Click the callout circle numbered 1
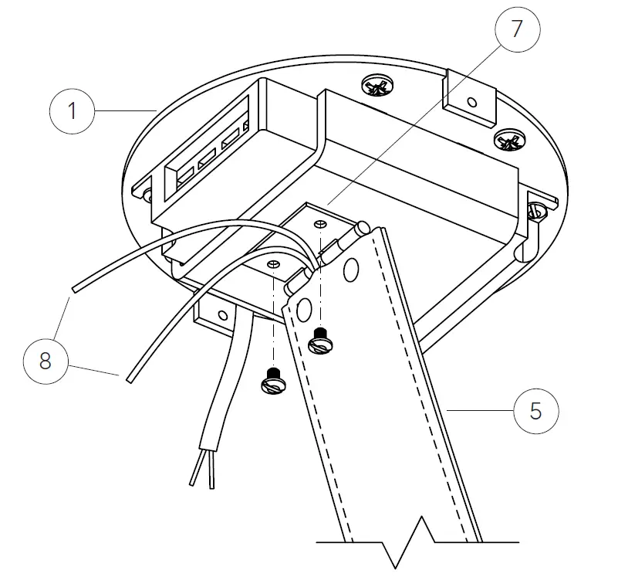pos(73,111)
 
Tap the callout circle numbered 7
pos(518,29)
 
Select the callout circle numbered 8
pos(46,361)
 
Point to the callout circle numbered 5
pos(536,411)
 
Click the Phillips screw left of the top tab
pos(377,87)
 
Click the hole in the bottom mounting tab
pos(223,315)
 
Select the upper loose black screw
pos(320,341)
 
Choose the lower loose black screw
pos(274,381)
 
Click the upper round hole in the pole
pos(350,270)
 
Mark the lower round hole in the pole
pos(303,309)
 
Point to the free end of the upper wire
pos(74,290)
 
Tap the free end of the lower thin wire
pos(130,380)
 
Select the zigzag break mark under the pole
pos(409,543)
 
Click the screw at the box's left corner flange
pos(147,195)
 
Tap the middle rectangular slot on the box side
pos(207,158)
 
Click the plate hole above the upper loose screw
pos(320,225)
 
